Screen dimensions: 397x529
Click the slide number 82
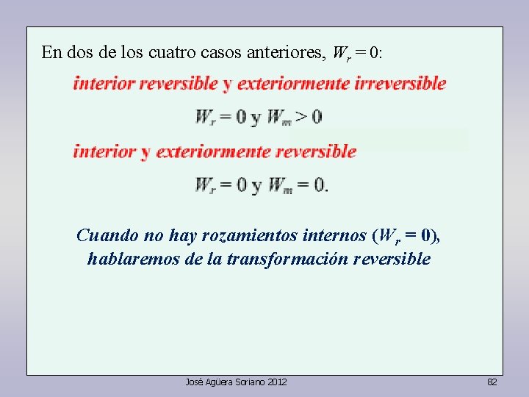coord(492,382)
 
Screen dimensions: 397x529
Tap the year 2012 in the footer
coord(276,382)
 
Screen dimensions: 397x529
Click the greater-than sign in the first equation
coord(300,117)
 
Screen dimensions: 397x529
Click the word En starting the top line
coord(51,53)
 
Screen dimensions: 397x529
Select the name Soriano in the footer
coord(251,382)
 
